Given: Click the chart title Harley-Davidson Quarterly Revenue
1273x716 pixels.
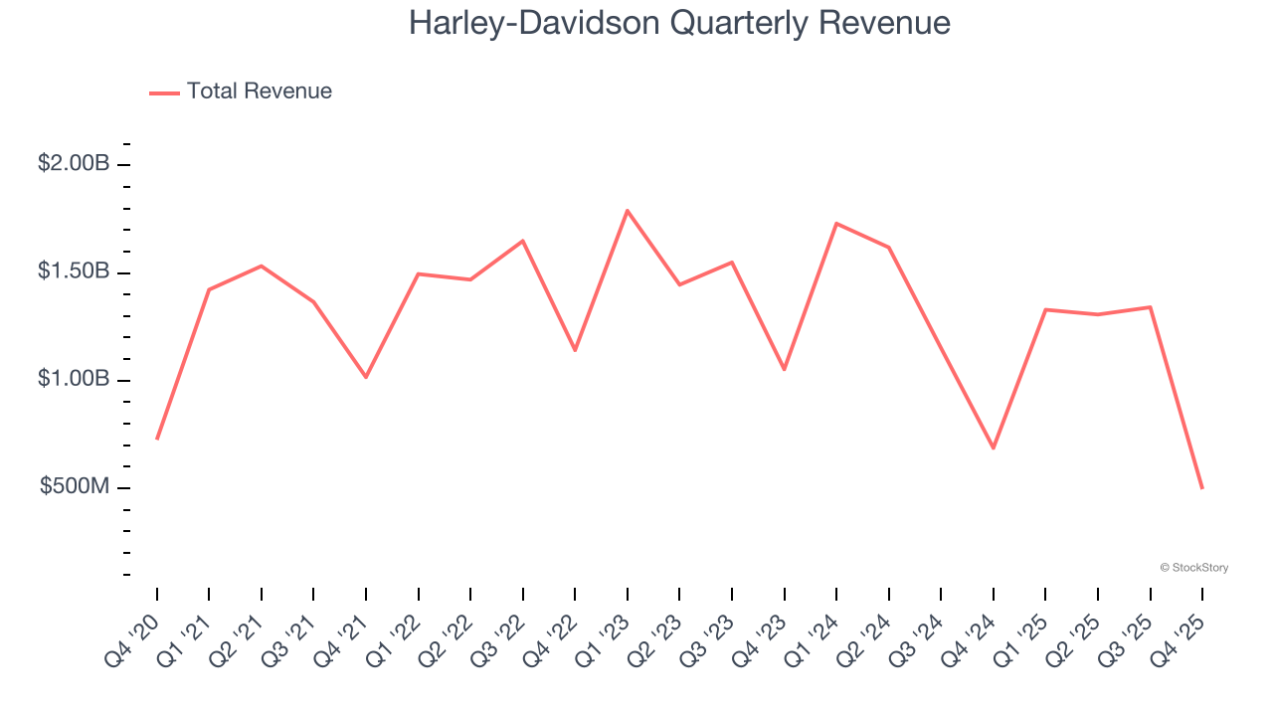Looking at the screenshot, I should pos(679,23).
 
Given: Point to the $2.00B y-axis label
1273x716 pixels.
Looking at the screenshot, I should pos(74,163).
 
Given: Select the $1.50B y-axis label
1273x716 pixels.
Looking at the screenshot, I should pos(74,271).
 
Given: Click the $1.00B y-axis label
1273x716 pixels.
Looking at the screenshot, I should pos(74,379).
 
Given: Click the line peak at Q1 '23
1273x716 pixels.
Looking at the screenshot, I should pos(628,211).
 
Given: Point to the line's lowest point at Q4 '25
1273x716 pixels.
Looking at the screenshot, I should pos(1202,488).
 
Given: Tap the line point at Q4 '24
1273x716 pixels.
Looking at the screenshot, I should pos(994,447).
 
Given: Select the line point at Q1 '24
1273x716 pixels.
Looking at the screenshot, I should pos(836,224).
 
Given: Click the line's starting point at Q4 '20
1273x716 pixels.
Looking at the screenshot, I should pos(157,439).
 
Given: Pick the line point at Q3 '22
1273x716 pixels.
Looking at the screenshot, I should pos(523,241).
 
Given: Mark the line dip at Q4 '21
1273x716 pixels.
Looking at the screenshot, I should pos(366,377).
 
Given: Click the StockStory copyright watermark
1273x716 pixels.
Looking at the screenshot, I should pos(1193,568).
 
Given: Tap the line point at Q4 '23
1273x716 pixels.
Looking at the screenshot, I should pos(785,369).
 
